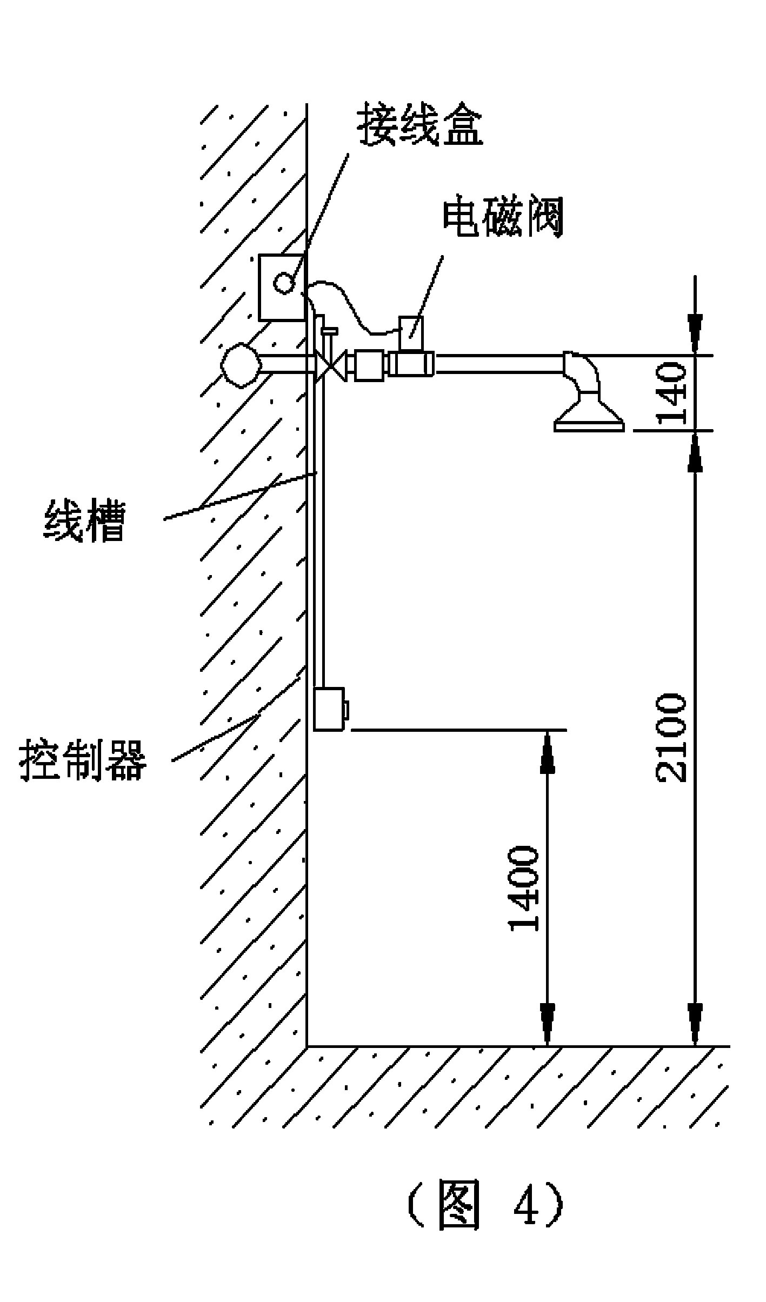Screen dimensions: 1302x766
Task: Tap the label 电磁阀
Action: (x=503, y=219)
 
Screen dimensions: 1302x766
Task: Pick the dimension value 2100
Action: (x=671, y=738)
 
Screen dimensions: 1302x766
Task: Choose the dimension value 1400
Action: (x=523, y=889)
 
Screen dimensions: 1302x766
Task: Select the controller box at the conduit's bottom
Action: (x=329, y=709)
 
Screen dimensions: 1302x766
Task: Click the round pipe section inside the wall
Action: (x=241, y=365)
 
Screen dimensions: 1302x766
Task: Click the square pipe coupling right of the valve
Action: (x=369, y=366)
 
